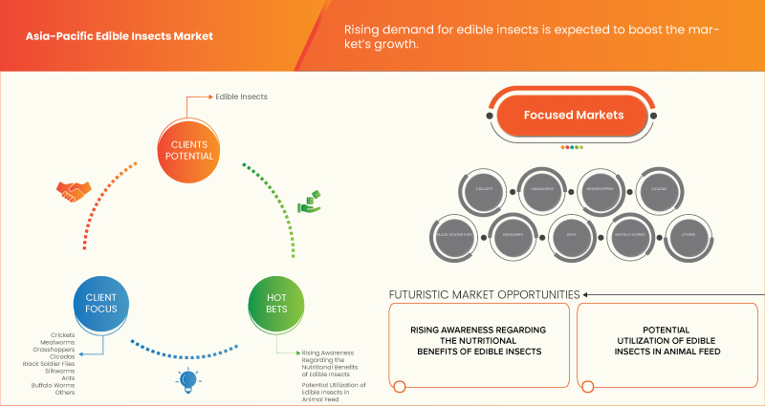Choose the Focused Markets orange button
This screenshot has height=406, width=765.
click(x=573, y=116)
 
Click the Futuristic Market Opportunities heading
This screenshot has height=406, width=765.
click(x=483, y=294)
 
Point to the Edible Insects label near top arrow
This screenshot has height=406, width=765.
click(x=241, y=96)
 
